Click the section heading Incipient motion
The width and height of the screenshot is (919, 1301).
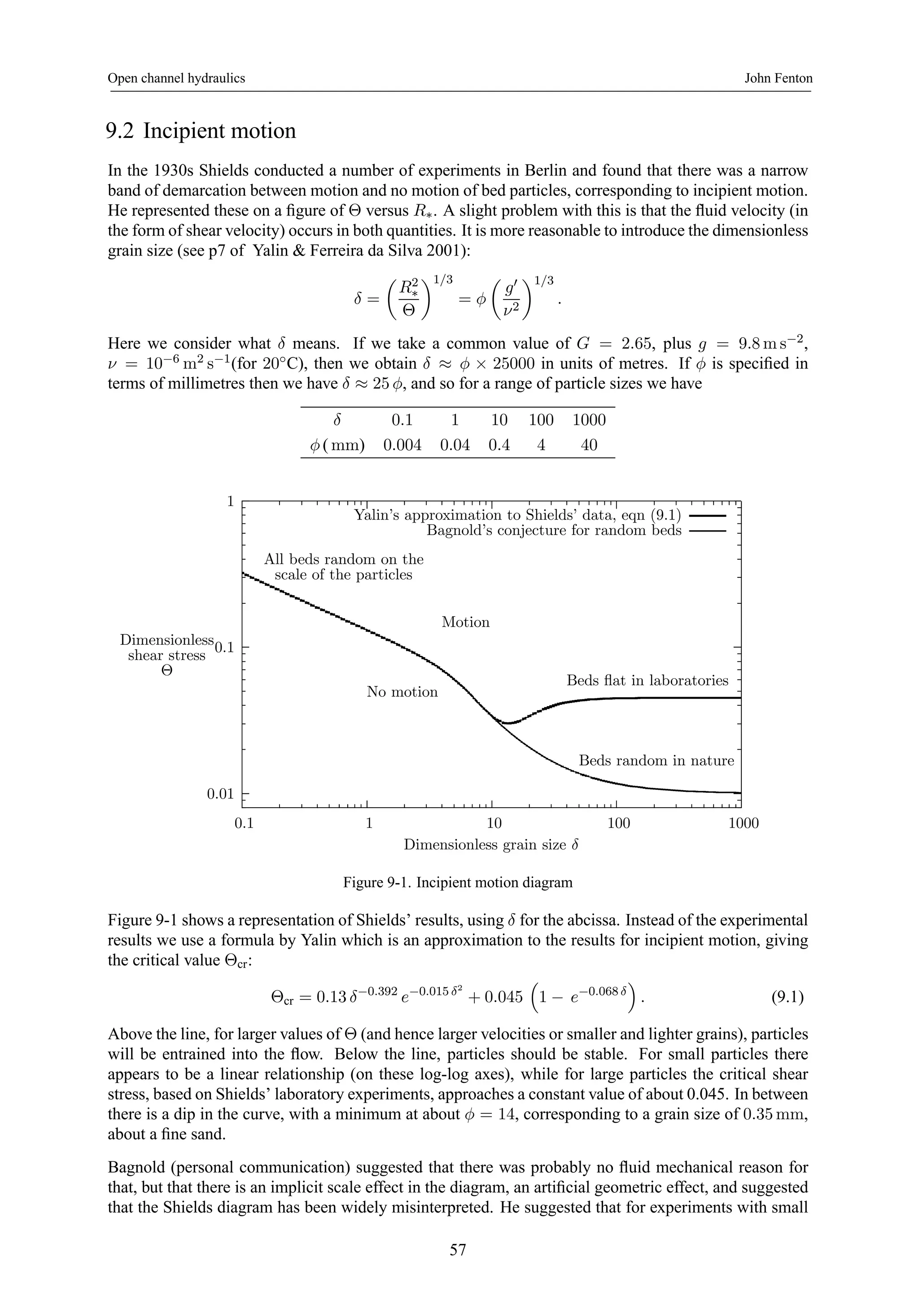click(x=201, y=131)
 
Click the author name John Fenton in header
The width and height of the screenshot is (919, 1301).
click(x=778, y=78)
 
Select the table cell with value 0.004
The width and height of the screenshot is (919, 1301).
click(x=402, y=445)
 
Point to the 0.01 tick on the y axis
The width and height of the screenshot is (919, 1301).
click(x=220, y=794)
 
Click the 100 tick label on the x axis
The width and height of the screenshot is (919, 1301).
click(x=618, y=823)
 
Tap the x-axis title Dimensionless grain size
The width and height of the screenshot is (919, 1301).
click(x=491, y=845)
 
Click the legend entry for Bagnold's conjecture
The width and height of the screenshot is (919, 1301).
click(x=554, y=531)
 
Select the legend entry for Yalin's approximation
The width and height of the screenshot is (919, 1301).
click(x=517, y=515)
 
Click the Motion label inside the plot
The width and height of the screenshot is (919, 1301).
click(x=465, y=622)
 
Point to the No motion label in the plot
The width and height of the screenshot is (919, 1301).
click(x=402, y=692)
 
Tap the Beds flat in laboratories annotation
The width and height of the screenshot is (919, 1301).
click(x=647, y=681)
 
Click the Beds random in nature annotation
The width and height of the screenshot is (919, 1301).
click(x=656, y=760)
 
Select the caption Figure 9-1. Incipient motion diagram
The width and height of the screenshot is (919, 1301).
click(x=458, y=882)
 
